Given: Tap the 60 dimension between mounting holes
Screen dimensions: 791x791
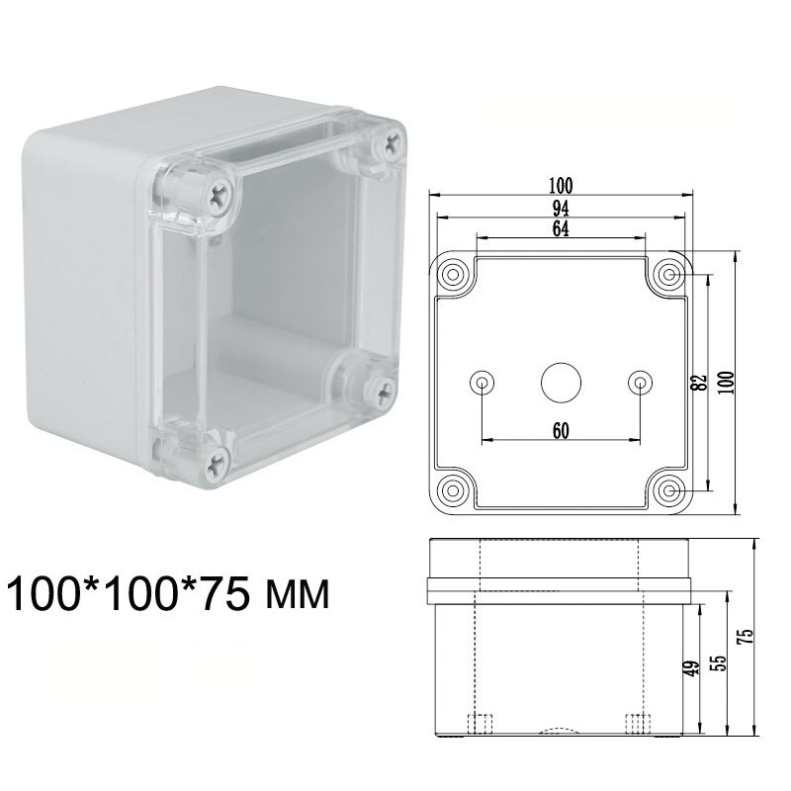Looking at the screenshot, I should point(561,429).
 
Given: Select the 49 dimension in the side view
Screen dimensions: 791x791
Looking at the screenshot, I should point(692,668).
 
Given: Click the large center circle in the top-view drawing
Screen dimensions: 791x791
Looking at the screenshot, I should point(561,382).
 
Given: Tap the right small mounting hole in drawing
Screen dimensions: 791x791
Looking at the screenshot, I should point(640,382).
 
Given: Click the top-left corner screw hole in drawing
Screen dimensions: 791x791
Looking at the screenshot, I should point(455,273).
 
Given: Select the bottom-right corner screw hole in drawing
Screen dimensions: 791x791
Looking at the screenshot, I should point(669,490).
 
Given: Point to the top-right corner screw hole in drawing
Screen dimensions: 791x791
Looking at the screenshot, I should point(669,273).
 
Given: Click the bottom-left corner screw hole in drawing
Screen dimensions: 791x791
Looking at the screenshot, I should point(455,490).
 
